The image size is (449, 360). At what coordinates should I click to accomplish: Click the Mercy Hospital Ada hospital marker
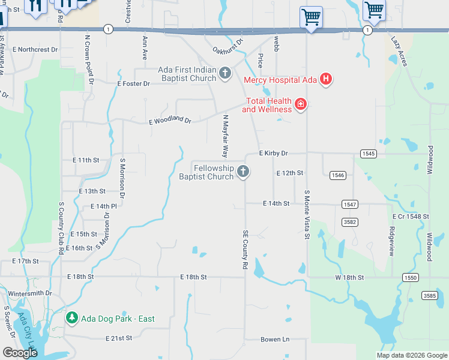point(325,79)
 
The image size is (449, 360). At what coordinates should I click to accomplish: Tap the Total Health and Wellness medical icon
point(300,105)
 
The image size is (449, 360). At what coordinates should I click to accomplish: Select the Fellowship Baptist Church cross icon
point(243,172)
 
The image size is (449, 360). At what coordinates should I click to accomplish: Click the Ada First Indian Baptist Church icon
point(225,74)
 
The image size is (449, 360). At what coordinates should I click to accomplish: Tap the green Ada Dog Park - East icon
point(71,318)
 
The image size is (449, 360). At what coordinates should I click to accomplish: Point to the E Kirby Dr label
point(274,154)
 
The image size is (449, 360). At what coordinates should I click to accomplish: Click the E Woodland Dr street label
point(170,121)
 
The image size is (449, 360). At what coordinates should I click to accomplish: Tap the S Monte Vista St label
point(306,214)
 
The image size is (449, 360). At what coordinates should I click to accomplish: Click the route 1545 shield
point(369,154)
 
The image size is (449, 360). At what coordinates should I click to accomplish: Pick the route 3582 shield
point(350,223)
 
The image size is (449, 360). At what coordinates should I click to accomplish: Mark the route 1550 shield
point(410,278)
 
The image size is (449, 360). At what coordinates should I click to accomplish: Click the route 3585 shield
point(429,295)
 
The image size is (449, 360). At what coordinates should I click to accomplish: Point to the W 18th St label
point(349,278)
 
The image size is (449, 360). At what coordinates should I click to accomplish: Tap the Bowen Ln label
point(275,340)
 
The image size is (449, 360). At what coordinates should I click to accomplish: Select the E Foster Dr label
point(133,84)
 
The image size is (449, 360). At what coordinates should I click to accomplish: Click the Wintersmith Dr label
point(30,293)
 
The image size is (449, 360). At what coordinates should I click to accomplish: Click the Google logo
point(20,353)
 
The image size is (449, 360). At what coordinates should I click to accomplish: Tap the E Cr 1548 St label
point(411,216)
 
